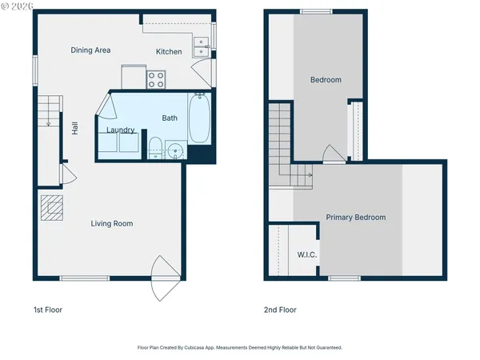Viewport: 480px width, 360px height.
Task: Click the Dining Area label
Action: click(90, 50)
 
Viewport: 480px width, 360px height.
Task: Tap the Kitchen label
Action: click(169, 52)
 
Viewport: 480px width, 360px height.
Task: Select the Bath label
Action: click(170, 118)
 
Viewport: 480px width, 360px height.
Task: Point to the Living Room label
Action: click(111, 224)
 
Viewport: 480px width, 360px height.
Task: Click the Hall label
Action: click(75, 127)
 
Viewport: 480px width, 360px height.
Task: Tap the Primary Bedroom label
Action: click(355, 218)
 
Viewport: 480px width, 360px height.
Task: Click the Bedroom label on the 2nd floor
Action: click(326, 80)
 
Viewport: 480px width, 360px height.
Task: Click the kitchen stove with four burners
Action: click(156, 79)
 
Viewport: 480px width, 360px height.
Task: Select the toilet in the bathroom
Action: click(155, 148)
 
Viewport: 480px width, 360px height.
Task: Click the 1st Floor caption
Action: click(47, 310)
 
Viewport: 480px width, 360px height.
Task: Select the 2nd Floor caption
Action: click(280, 310)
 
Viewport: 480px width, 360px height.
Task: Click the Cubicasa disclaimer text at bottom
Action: click(240, 348)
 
